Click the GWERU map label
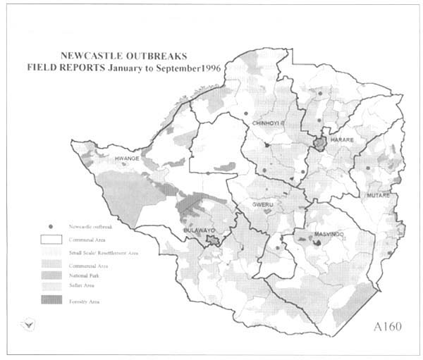pyautogui.click(x=262, y=205)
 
